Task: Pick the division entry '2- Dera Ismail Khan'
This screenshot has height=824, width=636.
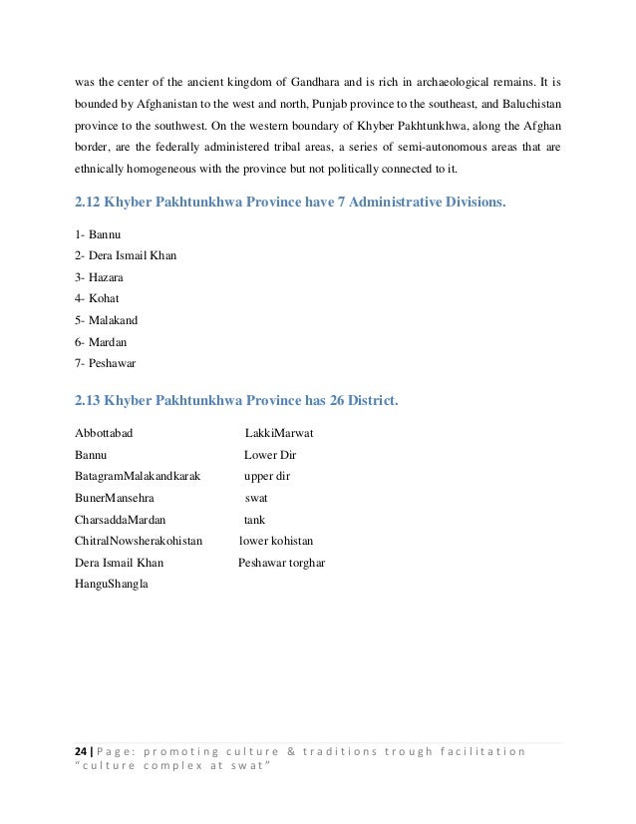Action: [x=126, y=254]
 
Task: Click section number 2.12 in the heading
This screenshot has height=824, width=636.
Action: [x=92, y=204]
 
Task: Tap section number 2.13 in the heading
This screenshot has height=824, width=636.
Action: [x=92, y=400]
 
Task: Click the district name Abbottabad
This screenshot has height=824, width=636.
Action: [x=106, y=434]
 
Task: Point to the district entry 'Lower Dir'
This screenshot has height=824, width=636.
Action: [x=270, y=455]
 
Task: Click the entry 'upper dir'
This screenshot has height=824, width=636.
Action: [x=267, y=476]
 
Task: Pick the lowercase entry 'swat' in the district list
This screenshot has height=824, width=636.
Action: [x=256, y=497]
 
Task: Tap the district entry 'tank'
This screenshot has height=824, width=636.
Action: [x=254, y=519]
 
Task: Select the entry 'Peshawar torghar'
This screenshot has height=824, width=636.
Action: [x=281, y=562]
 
